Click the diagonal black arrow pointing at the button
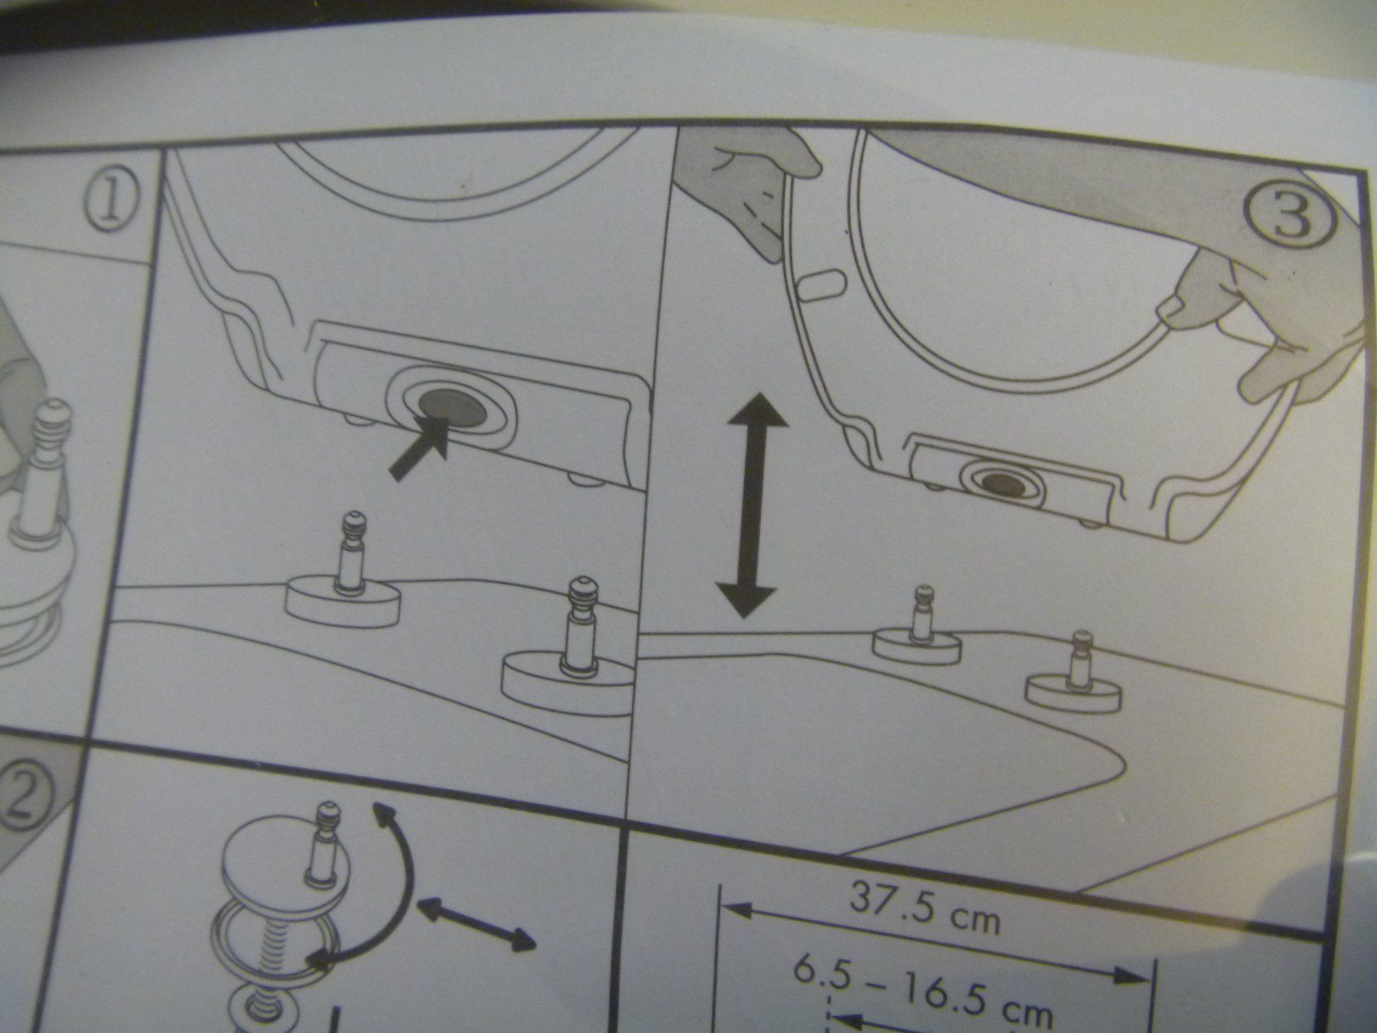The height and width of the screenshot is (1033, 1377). coord(419,451)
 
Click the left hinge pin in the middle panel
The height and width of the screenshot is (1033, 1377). coord(349,550)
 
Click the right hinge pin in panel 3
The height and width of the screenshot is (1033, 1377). coord(1079,658)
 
